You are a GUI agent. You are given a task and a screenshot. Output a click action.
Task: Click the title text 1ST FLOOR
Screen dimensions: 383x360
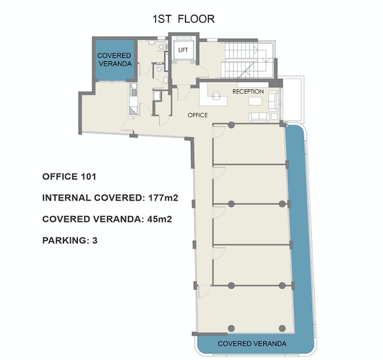tap(184, 19)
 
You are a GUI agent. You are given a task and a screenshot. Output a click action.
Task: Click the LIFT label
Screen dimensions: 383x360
tap(183, 50)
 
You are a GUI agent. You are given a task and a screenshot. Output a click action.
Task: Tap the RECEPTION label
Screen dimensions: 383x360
tap(248, 92)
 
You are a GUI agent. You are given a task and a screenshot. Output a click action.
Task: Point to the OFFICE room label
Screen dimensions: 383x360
tap(197, 115)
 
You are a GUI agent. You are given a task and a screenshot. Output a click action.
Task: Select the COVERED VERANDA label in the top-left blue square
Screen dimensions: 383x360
tap(114, 59)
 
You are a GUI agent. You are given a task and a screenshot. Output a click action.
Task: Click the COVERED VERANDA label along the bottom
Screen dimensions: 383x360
tap(252, 344)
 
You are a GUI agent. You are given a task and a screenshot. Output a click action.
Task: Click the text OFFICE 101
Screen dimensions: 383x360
tap(69, 177)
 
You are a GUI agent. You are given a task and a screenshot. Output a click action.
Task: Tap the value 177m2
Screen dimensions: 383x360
tap(163, 198)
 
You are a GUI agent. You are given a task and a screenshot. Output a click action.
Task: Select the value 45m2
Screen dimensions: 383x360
tap(160, 219)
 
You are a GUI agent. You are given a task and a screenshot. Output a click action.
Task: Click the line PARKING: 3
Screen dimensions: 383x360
tap(70, 240)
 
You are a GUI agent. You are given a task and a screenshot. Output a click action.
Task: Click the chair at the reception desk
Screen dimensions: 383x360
tap(216, 96)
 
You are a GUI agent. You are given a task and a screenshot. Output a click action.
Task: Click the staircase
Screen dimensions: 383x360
tap(247, 60)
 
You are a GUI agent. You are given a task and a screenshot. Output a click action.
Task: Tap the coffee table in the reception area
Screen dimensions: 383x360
tap(256, 101)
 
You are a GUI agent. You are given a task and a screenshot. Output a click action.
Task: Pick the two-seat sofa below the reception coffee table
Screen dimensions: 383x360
tap(259, 117)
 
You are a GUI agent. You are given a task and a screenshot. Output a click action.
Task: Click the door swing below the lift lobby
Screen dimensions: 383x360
tap(184, 93)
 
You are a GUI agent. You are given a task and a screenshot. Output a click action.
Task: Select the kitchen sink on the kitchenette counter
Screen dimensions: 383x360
tap(133, 93)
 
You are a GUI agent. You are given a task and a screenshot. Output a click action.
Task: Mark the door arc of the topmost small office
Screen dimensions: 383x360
tap(219, 132)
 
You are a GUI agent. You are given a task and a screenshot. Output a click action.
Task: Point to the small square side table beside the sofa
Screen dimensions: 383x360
tap(274, 117)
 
